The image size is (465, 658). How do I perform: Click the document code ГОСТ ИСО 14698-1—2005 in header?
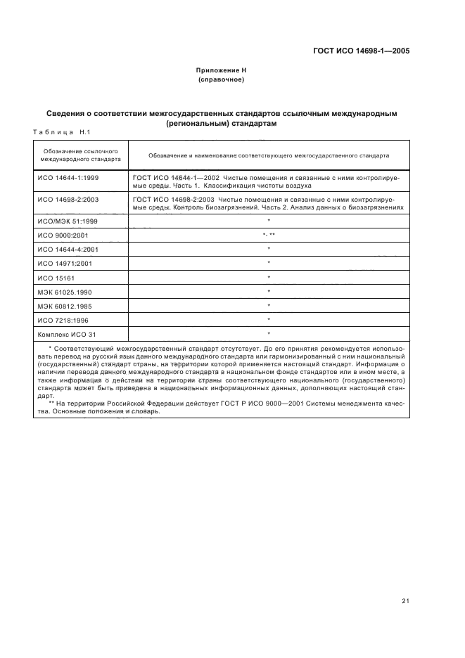[361, 51]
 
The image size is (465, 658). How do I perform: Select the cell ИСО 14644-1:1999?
[68, 178]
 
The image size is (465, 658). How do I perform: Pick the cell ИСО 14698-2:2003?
[68, 200]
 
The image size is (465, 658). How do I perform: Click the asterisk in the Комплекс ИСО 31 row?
[269, 333]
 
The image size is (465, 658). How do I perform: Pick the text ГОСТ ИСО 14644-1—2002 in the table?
[173, 178]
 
